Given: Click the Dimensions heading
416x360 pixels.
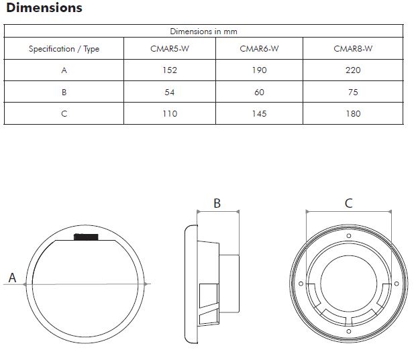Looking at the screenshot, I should tap(44, 8).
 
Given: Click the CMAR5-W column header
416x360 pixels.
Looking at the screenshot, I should tap(170, 49).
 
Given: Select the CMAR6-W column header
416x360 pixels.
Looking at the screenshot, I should tap(259, 49).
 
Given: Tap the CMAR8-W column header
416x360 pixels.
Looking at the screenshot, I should tap(353, 49).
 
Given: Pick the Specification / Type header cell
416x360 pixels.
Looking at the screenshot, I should tap(64, 49).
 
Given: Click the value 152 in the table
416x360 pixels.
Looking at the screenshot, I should tap(170, 70).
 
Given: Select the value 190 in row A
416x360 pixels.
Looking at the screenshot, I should tap(259, 70).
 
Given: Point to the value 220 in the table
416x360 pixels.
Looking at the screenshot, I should tap(353, 70).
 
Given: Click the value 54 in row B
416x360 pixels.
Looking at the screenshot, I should tap(170, 92).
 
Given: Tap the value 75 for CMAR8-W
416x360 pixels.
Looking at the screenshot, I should tap(353, 92).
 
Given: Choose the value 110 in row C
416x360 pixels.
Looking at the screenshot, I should tap(170, 113).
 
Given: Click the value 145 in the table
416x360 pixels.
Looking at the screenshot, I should tap(259, 113).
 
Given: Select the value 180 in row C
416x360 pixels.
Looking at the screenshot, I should tap(353, 113).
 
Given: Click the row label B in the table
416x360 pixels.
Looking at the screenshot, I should tap(64, 92).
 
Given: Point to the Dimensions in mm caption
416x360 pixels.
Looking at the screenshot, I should tap(203, 32).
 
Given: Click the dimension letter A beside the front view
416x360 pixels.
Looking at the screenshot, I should tap(11, 278).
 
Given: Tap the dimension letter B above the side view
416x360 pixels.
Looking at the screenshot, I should tap(217, 203).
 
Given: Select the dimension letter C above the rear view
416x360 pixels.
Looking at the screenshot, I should tap(348, 203).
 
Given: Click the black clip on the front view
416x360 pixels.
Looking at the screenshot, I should tap(86, 236).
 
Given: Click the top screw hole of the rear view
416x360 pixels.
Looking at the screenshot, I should tap(348, 236).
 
